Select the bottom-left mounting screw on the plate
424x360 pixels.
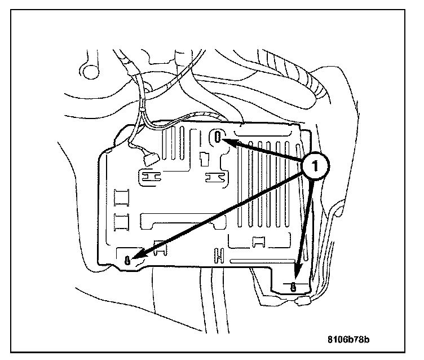click(129, 260)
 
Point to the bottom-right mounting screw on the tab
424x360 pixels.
click(293, 286)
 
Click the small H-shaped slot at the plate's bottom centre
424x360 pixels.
click(218, 256)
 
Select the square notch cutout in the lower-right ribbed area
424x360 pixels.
click(260, 241)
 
